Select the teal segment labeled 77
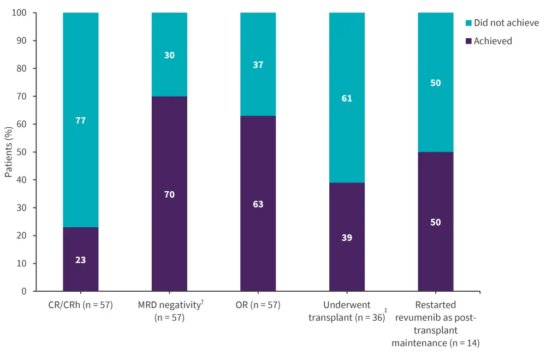tap(81, 120)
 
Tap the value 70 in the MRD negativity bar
tap(169, 194)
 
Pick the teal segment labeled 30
tap(169, 55)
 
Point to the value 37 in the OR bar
tap(258, 64)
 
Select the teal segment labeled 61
tap(347, 98)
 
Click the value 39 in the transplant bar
tap(347, 238)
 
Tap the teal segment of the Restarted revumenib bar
tap(436, 83)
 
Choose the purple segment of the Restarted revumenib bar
tap(436, 222)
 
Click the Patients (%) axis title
tap(9, 152)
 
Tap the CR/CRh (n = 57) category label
tap(81, 305)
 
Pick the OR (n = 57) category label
tap(258, 305)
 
